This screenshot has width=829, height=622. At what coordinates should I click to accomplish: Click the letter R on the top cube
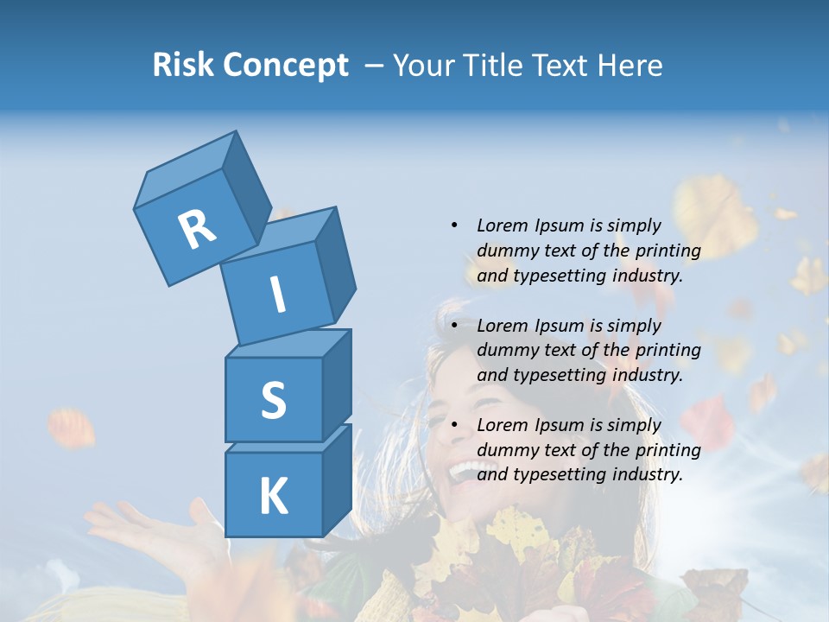point(197,230)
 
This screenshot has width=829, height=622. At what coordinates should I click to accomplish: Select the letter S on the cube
point(273,400)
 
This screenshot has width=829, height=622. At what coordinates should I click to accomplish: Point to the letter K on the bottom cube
point(273,497)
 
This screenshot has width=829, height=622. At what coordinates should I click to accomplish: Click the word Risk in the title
point(184,65)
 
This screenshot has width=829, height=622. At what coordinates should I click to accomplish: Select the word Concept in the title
point(286,66)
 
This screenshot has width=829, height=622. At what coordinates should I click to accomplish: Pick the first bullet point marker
point(454,225)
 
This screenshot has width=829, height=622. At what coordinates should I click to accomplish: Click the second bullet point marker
point(454,326)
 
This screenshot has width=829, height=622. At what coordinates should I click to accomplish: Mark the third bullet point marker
point(454,425)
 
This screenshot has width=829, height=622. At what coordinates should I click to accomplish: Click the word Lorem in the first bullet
point(502,225)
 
